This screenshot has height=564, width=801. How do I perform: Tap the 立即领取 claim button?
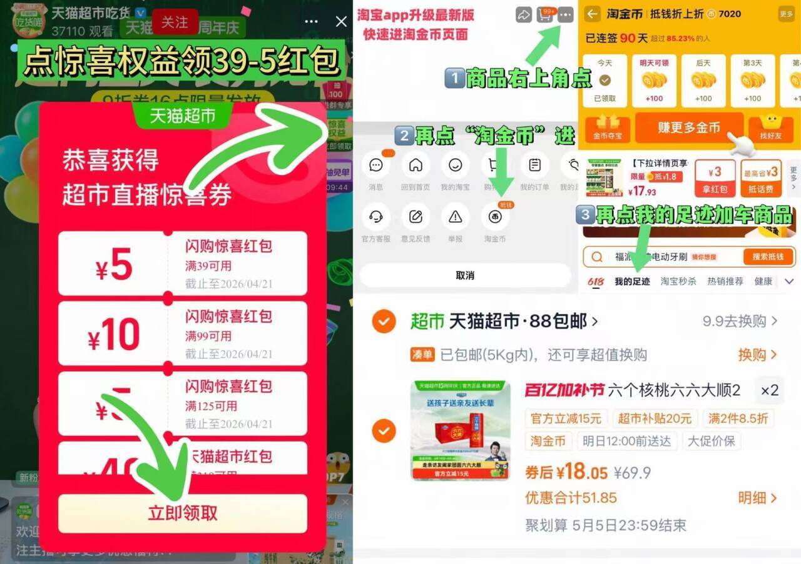point(183,513)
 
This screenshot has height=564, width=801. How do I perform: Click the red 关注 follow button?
point(175,23)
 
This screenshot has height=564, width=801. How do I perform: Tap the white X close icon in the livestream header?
point(341,22)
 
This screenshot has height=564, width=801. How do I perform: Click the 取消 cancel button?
point(465,275)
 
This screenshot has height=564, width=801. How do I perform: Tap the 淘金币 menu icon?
point(494,217)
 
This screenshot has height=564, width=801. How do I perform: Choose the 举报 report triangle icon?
point(455,217)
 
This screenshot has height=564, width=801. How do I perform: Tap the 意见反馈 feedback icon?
point(416,217)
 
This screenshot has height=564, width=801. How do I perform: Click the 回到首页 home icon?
point(416,166)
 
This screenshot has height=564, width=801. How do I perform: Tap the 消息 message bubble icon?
point(376,166)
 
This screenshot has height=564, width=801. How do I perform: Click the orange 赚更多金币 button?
point(689,128)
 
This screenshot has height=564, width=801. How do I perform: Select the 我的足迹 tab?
point(632,281)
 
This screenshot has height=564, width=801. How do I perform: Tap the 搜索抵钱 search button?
point(768,257)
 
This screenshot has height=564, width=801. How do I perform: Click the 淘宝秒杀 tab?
point(678,281)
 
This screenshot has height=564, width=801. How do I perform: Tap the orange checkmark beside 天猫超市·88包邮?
point(384,322)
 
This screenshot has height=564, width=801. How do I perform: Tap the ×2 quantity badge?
point(770,391)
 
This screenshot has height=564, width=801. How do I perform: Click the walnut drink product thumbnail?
point(461,430)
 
